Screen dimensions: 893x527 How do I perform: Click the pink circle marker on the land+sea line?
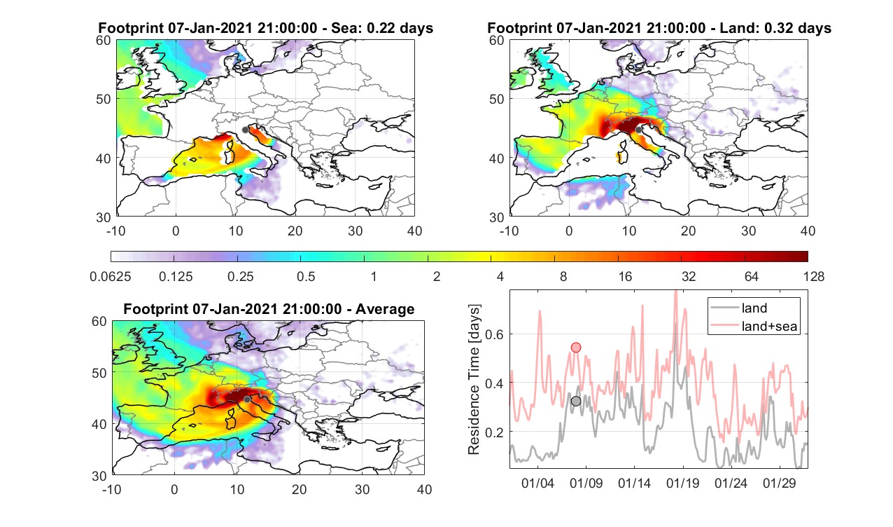[x=576, y=348]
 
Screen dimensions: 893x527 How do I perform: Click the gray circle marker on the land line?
[x=576, y=401]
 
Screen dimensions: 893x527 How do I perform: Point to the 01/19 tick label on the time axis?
[x=682, y=483]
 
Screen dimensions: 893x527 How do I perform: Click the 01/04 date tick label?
[x=537, y=483]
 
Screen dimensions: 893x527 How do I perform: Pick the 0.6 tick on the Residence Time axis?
[x=494, y=334]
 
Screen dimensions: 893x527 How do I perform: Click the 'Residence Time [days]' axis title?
[x=474, y=380]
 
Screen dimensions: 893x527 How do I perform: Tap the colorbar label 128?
[x=814, y=276]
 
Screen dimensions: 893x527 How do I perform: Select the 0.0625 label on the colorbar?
[x=111, y=276]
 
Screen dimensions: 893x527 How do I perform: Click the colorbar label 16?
[x=625, y=276]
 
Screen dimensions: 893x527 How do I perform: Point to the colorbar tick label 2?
[x=437, y=276]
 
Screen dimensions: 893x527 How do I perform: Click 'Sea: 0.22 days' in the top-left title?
[x=382, y=28]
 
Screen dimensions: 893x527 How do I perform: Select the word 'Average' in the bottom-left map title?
[x=385, y=309]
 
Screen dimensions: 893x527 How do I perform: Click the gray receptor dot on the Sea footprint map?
[x=245, y=130]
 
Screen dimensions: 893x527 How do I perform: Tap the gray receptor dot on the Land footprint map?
[x=638, y=130]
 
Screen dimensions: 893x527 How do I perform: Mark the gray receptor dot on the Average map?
[x=247, y=399]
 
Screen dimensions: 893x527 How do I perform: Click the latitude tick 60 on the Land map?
[x=496, y=41]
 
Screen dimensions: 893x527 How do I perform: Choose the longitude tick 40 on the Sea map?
[x=414, y=231]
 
